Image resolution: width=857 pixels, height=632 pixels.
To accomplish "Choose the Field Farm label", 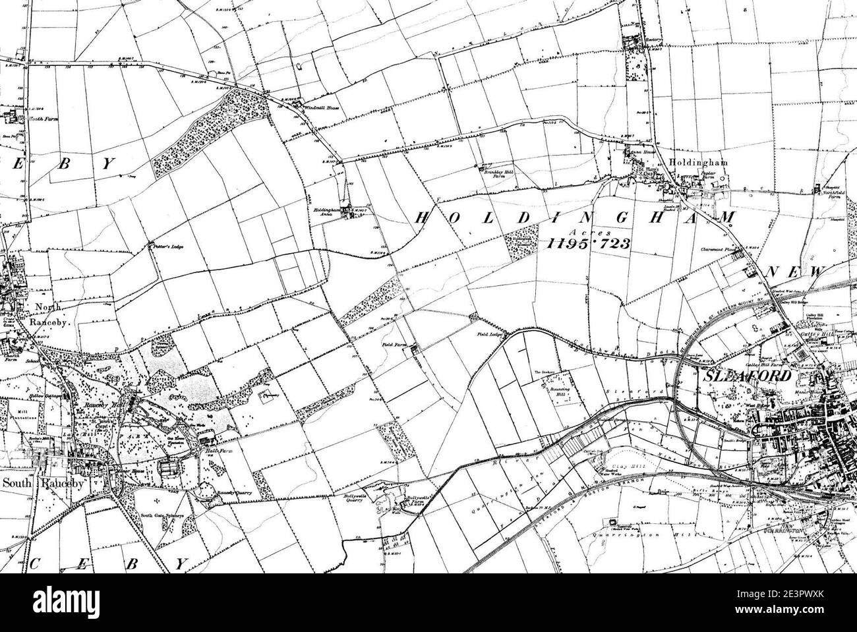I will point(394,344).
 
